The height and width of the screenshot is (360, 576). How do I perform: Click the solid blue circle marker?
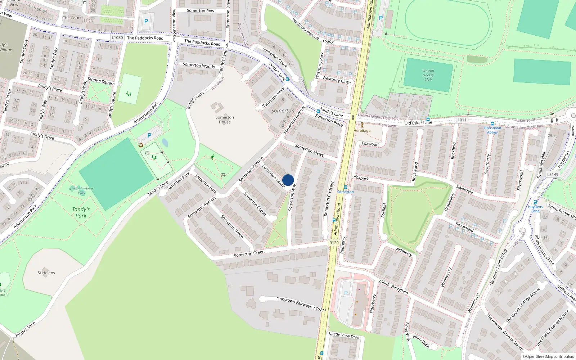(x=288, y=180)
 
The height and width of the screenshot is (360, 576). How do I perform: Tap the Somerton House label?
(x=225, y=120)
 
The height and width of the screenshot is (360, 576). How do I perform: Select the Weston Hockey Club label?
(x=428, y=75)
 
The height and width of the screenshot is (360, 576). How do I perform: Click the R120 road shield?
(x=334, y=243)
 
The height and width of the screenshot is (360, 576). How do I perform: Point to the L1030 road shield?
(x=117, y=37)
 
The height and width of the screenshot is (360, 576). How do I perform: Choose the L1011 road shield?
(x=461, y=120)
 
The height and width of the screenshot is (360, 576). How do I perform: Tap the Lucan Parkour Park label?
(x=82, y=191)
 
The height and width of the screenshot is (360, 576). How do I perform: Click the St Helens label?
(x=46, y=273)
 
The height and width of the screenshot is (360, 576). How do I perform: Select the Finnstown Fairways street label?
(x=294, y=302)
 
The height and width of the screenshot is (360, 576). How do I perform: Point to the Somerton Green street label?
(x=249, y=253)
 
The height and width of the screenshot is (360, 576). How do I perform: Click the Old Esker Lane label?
(x=418, y=123)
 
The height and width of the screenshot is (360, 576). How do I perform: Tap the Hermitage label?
(x=362, y=131)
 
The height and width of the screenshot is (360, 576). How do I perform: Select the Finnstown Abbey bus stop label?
(x=492, y=130)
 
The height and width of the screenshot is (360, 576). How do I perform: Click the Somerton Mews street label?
(x=309, y=150)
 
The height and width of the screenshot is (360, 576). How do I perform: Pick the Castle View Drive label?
(x=345, y=335)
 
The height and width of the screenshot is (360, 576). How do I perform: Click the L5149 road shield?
(x=553, y=175)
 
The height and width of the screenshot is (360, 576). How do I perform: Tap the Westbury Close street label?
(x=336, y=80)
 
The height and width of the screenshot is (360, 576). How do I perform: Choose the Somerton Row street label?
(x=200, y=11)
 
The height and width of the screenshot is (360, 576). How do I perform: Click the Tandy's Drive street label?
(x=42, y=136)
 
